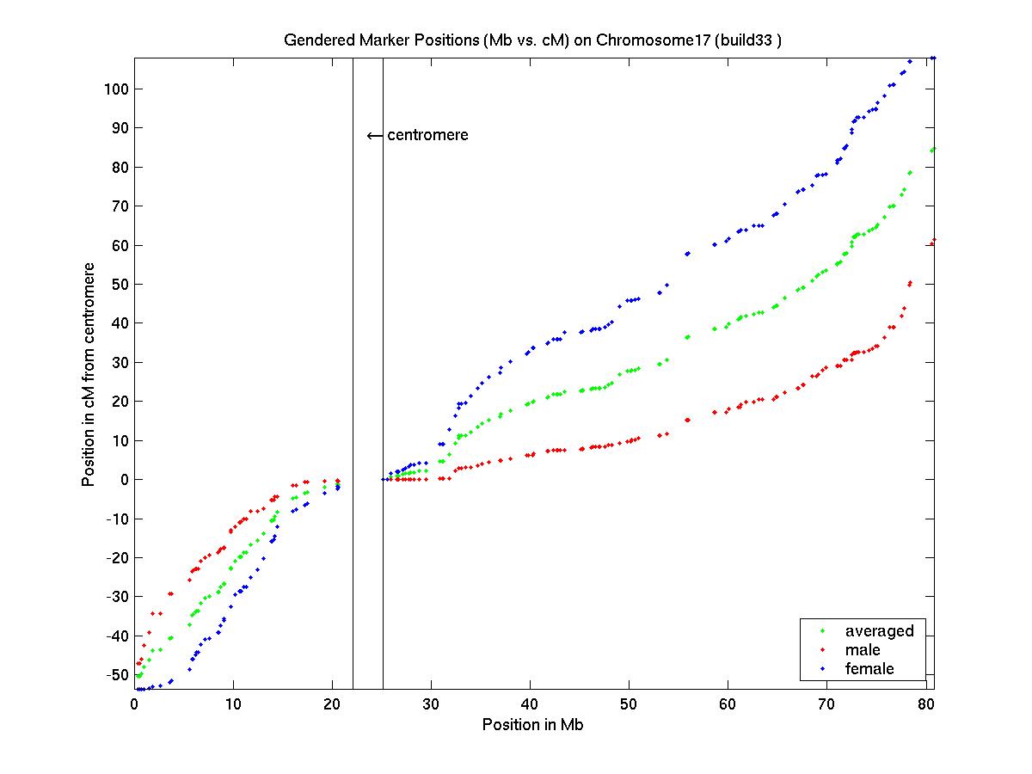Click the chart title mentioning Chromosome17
532,40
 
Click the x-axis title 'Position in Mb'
532,724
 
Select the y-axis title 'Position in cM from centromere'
88,373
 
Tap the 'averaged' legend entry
879,631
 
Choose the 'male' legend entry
863,650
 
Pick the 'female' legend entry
869,669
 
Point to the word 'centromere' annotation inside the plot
427,135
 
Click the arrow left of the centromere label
374,136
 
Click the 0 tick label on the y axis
121,479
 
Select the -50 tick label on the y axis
114,674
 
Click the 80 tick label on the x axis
925,703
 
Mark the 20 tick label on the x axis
332,703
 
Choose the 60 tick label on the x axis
728,703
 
